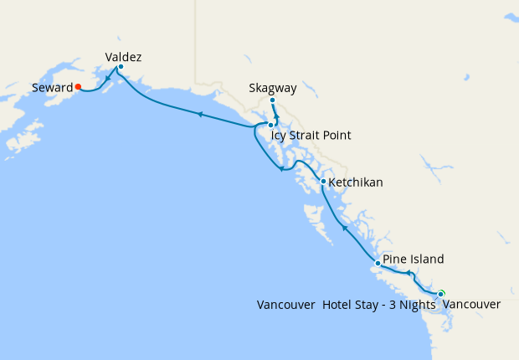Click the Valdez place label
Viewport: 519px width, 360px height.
click(x=123, y=57)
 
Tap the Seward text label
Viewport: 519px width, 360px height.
click(x=52, y=87)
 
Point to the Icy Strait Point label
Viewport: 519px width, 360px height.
click(x=311, y=135)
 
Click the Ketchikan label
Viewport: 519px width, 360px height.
click(x=356, y=182)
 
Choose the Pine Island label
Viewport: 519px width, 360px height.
click(x=413, y=259)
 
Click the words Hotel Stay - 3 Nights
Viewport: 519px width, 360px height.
click(x=379, y=304)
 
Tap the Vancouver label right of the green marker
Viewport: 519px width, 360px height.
click(x=471, y=304)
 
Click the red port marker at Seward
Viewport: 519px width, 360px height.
click(x=77, y=85)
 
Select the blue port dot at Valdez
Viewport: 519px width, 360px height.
click(x=121, y=67)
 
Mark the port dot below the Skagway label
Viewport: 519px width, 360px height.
click(x=273, y=100)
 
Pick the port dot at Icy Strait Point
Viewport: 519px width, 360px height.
click(x=270, y=125)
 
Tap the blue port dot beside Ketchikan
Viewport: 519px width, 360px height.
click(x=323, y=181)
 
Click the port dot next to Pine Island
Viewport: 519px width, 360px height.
click(x=378, y=264)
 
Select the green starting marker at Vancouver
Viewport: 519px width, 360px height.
click(x=441, y=293)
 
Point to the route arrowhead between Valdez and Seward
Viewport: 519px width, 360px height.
click(x=106, y=81)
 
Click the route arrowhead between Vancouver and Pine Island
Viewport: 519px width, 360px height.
click(x=409, y=273)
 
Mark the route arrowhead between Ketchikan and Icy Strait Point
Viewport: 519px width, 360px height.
click(x=280, y=172)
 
